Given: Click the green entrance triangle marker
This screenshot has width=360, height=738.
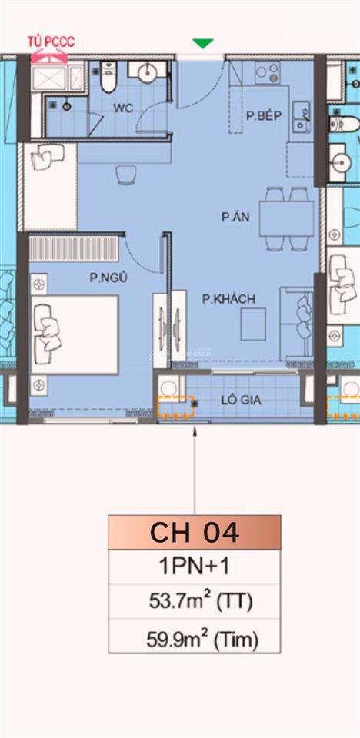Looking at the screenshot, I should tap(202, 44).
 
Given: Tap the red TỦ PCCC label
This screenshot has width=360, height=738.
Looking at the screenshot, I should tap(51, 42).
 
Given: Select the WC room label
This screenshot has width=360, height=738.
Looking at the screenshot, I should tap(123, 108).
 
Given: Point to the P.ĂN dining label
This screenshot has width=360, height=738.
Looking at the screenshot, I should tap(232, 218).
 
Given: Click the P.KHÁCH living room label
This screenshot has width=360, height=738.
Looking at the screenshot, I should tap(228, 298).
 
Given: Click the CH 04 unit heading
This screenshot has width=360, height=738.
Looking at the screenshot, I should tap(195, 532).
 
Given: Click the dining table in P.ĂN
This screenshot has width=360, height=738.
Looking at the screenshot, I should tap(285, 218).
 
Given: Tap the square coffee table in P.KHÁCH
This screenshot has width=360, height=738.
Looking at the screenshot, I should tap(253, 323).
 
